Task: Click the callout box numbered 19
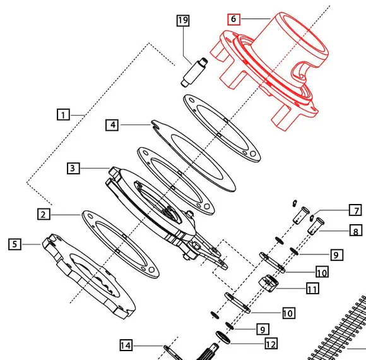pyautogui.click(x=182, y=21)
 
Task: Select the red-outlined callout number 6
pyautogui.click(x=233, y=20)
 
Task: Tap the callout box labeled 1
pyautogui.click(x=63, y=114)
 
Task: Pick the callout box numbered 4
pyautogui.click(x=112, y=125)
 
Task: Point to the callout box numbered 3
pyautogui.click(x=74, y=168)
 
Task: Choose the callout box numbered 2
pyautogui.click(x=44, y=215)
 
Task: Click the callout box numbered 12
pyautogui.click(x=271, y=344)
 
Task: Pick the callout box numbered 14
pyautogui.click(x=126, y=345)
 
